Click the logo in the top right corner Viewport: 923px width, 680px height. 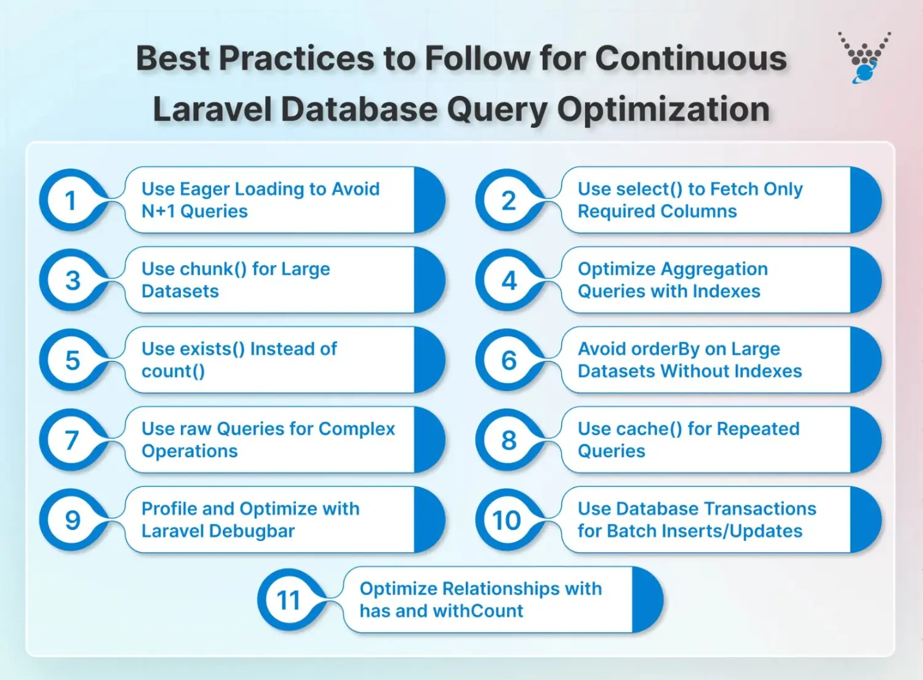coord(865,57)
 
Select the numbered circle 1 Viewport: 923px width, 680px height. coord(71,200)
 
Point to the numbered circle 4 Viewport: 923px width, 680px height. coord(508,280)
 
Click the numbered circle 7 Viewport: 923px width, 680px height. coord(71,440)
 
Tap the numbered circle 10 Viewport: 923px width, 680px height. coord(507,520)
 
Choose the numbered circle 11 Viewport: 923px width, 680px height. coord(289,600)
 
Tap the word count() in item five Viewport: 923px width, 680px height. coord(173,371)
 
